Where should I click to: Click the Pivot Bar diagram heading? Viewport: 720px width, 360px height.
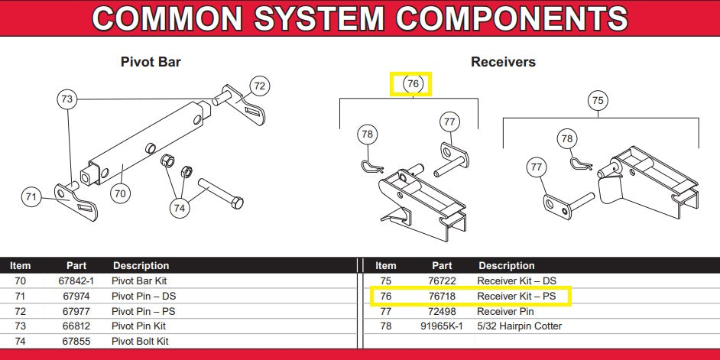click(151, 62)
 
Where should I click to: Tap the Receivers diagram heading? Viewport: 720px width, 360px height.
click(503, 62)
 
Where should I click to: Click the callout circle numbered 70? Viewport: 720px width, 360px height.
click(120, 193)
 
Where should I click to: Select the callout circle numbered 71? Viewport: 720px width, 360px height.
click(31, 197)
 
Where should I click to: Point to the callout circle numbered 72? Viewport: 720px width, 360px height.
click(260, 86)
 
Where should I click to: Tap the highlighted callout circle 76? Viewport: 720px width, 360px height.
click(413, 83)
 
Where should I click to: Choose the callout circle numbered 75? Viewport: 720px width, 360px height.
click(598, 100)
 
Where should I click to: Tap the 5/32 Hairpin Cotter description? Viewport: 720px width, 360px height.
click(520, 326)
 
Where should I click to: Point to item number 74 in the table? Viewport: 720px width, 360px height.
click(21, 342)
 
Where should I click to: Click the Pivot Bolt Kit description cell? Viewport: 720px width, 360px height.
click(141, 342)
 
